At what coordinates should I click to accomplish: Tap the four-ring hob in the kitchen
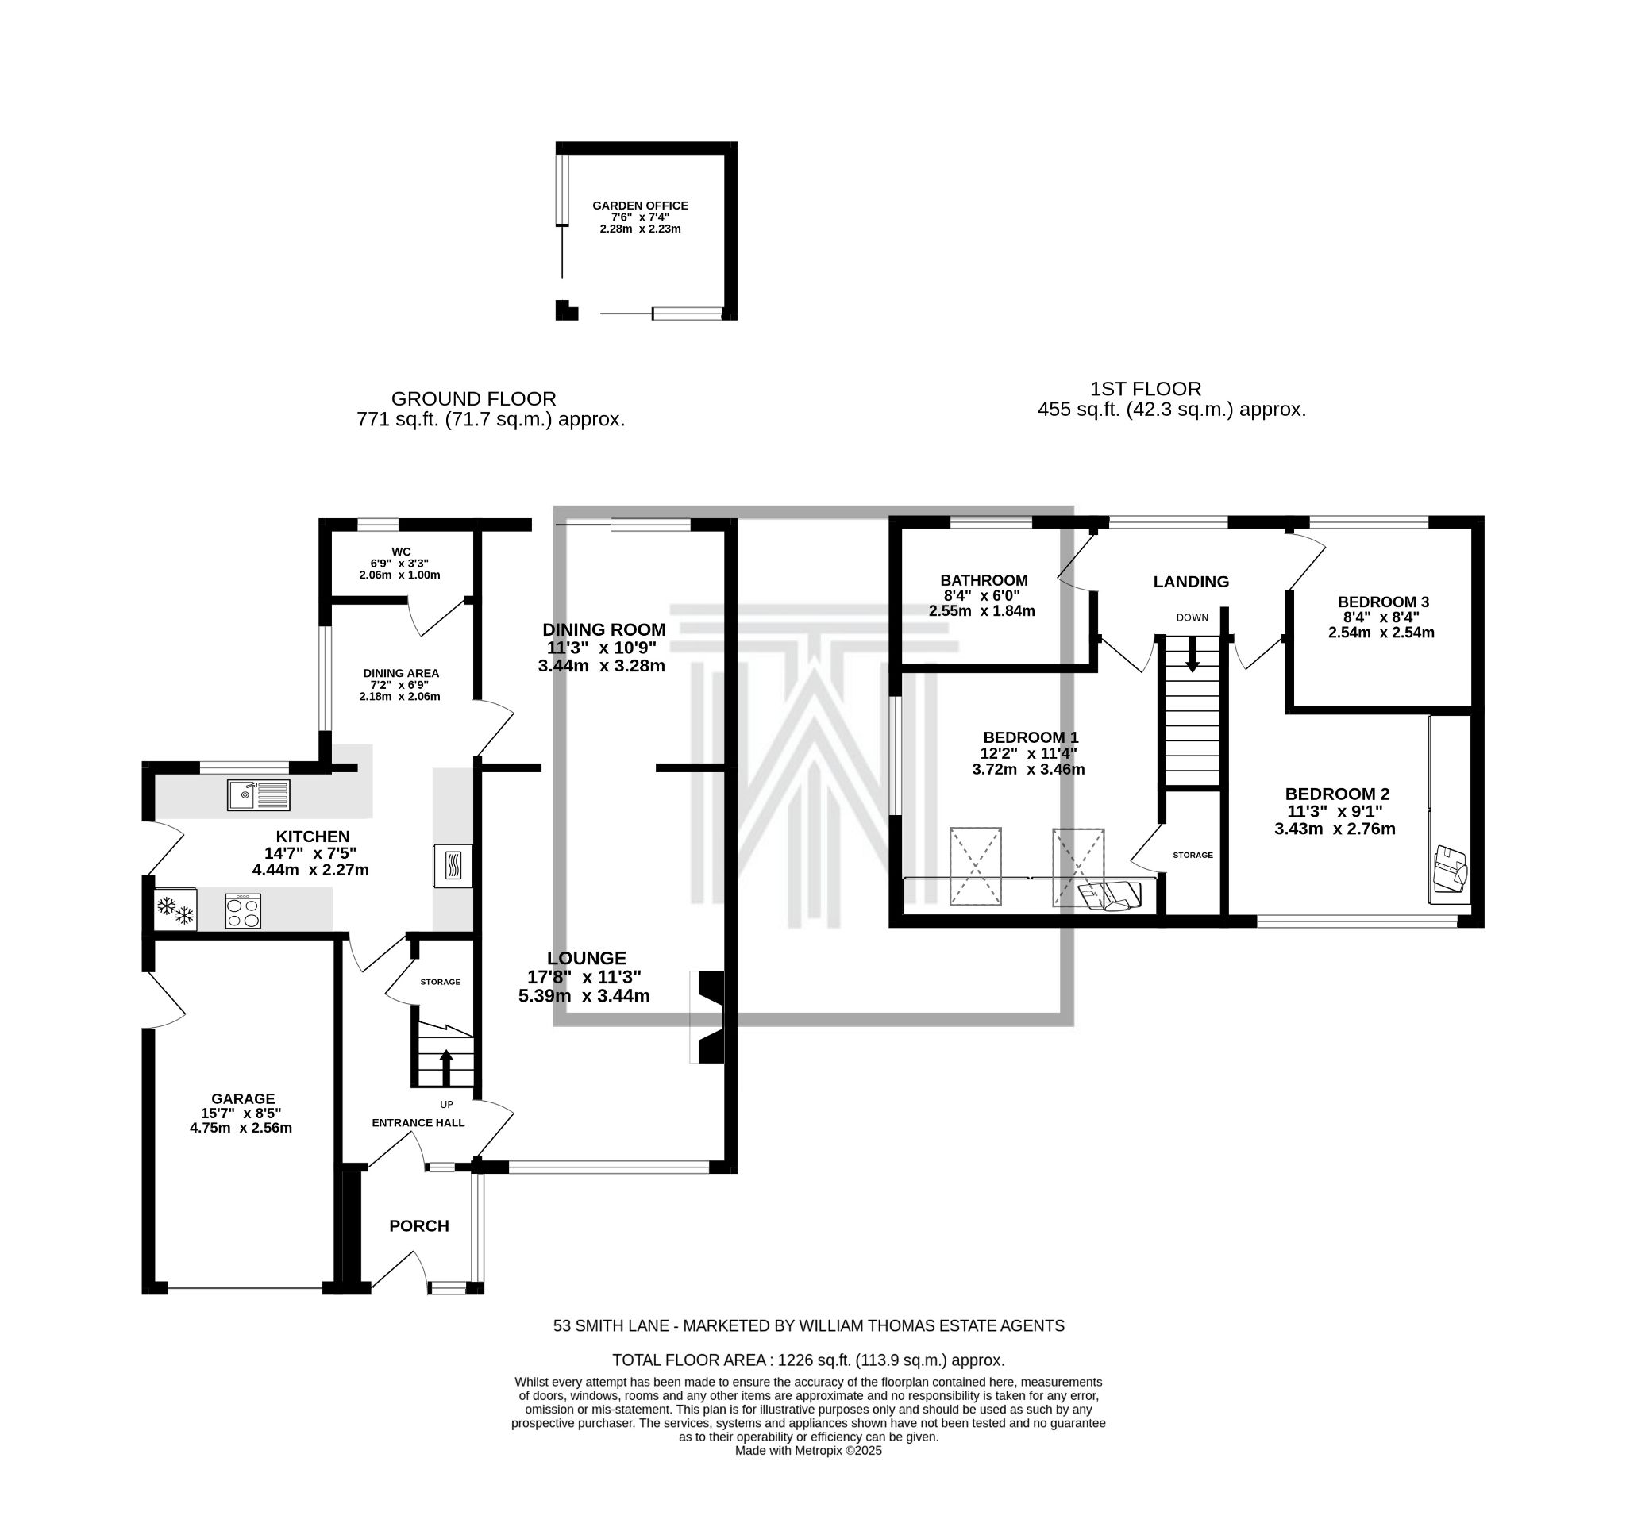[243, 911]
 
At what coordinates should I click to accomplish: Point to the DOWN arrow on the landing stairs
[1193, 655]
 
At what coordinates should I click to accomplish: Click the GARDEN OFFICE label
[641, 206]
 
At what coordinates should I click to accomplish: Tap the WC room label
[401, 552]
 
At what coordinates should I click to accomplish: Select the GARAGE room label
[243, 1099]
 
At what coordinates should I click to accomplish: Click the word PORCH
[418, 1226]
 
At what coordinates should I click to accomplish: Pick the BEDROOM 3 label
[1383, 602]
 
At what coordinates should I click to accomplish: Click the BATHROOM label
[984, 581]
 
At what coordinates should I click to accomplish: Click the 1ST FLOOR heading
[1146, 389]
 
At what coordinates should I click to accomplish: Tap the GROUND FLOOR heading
[473, 399]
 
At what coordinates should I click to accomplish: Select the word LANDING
[1191, 582]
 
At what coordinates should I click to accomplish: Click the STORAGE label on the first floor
[1193, 855]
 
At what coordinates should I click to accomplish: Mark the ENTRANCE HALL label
[418, 1123]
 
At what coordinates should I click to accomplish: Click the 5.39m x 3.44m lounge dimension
[584, 996]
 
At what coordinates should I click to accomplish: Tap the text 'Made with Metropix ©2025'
[808, 1451]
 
